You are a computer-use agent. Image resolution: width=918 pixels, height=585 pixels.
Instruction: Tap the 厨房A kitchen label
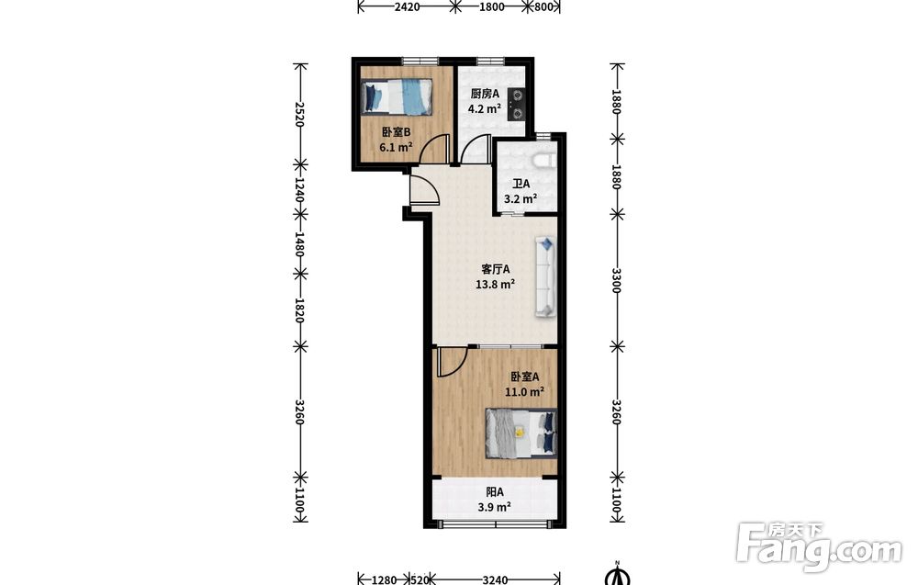tap(485, 94)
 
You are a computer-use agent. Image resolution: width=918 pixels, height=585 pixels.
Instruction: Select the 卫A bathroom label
tap(521, 184)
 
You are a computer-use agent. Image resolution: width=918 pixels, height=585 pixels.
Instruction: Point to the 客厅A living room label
tap(496, 269)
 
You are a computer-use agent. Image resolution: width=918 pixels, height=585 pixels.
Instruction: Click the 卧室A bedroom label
tap(524, 377)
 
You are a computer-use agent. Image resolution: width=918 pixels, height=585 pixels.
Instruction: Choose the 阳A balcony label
tap(495, 492)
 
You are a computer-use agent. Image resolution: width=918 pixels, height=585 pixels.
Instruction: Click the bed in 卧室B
tap(397, 96)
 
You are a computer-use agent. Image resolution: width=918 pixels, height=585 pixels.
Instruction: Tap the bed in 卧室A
tap(521, 433)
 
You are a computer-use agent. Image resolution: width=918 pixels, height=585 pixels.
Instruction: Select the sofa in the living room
tap(545, 277)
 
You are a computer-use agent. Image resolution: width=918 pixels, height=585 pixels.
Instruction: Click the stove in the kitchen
tap(516, 104)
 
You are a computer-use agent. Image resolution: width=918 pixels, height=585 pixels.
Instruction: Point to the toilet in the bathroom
tap(543, 161)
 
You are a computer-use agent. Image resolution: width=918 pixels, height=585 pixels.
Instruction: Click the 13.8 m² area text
tap(496, 286)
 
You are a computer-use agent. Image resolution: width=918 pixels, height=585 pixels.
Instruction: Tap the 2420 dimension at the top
tap(407, 7)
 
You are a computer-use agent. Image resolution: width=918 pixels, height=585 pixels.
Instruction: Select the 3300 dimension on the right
tap(616, 281)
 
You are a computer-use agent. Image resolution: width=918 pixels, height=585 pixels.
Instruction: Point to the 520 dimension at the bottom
tap(420, 579)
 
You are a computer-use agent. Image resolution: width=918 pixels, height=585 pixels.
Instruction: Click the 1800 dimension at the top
tap(491, 7)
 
